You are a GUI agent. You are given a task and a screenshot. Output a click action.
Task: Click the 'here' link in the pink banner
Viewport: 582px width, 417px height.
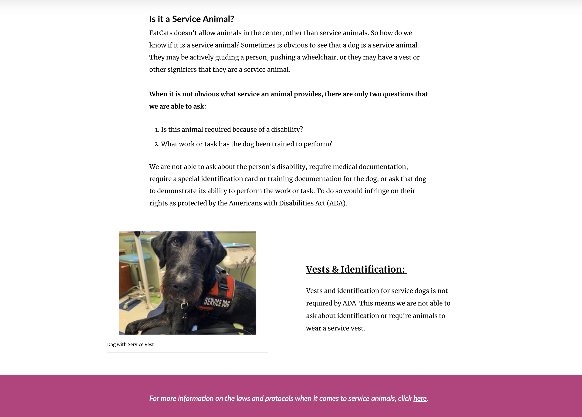tap(420, 398)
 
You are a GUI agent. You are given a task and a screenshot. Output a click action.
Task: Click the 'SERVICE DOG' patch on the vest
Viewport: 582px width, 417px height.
tap(217, 302)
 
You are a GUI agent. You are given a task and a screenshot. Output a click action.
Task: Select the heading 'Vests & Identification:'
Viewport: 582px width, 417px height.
tap(356, 269)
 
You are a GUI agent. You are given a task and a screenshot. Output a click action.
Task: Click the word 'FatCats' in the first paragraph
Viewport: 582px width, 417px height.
tap(161, 33)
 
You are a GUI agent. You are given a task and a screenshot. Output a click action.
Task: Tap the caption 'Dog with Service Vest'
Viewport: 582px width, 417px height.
tap(130, 344)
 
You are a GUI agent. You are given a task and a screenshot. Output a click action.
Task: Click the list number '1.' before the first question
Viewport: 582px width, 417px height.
tap(157, 130)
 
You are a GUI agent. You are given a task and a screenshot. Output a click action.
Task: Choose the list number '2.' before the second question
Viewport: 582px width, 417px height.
tap(157, 144)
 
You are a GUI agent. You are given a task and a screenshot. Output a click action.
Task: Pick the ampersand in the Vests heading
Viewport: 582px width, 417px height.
tap(335, 269)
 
